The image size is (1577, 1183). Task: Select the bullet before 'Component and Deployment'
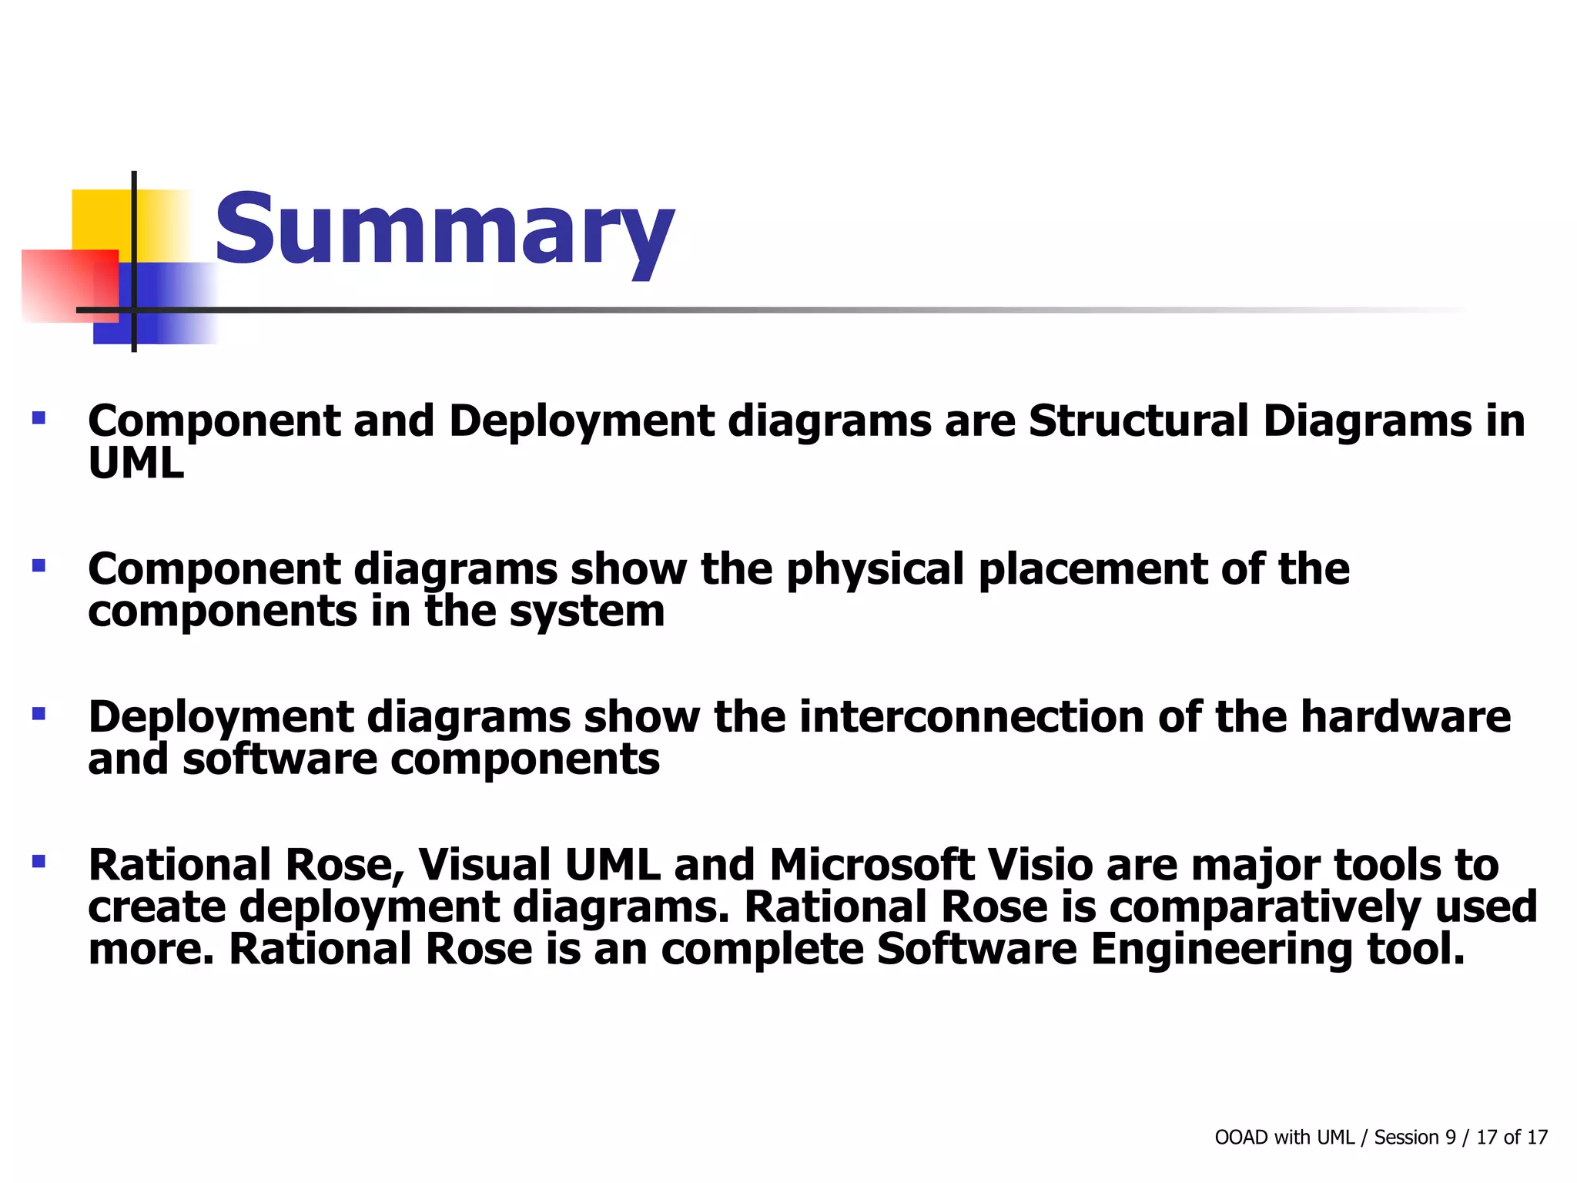click(x=39, y=419)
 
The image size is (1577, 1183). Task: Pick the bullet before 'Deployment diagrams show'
click(x=39, y=714)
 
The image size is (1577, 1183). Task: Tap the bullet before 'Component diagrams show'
click(x=39, y=566)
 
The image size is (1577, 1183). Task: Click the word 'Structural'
click(x=1138, y=421)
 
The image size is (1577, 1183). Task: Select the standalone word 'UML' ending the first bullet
click(x=136, y=464)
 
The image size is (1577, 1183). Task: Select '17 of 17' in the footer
click(x=1512, y=1138)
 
